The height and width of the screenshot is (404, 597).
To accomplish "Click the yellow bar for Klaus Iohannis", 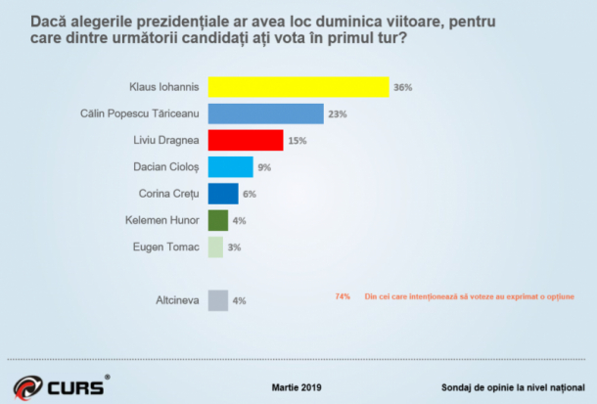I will pos(298,87).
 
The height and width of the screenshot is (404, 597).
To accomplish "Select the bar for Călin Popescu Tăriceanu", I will pos(266,113).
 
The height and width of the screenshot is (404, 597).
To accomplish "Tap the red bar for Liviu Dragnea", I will pos(246,141).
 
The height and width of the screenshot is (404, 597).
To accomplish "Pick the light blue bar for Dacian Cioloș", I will pos(231,167).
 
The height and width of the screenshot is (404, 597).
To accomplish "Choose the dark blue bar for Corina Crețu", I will pos(223,194).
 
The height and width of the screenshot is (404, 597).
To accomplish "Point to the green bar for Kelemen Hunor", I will pos(218,220).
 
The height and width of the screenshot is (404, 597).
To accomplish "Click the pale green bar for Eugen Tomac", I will pos(216,247).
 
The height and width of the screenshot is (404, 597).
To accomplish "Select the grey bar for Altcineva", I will pos(218,300).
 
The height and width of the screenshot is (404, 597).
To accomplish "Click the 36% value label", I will pos(402,88).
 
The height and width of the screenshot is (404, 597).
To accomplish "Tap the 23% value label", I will pos(338,114).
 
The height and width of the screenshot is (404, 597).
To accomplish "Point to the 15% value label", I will pos(298,141).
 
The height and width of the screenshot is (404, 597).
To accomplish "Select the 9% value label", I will pos(264,167).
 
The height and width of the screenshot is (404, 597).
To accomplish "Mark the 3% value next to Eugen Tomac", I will pos(234,247).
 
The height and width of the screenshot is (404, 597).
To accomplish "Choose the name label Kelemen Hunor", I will pos(162,220).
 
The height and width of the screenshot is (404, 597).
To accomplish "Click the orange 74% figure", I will pos(343,295).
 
